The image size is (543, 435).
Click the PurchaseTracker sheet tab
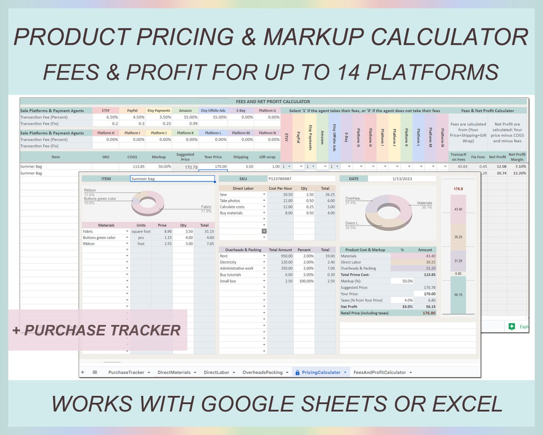pyautogui.click(x=126, y=372)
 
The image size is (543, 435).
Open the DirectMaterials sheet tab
pyautogui.click(x=174, y=372)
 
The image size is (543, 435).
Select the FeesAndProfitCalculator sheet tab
pyautogui.click(x=380, y=372)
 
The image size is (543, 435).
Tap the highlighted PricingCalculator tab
pyautogui.click(x=321, y=372)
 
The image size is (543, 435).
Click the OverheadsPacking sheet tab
pyautogui.click(x=262, y=372)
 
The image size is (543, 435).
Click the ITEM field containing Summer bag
pyautogui.click(x=172, y=179)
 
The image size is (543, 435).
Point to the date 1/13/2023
pyautogui.click(x=402, y=179)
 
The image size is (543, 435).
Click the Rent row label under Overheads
pyautogui.click(x=224, y=256)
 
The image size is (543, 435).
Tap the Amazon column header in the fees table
pyautogui.click(x=185, y=110)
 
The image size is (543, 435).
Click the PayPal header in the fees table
pyautogui.click(x=132, y=110)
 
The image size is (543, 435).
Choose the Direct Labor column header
pyautogui.click(x=242, y=188)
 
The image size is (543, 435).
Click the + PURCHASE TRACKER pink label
pyautogui.click(x=97, y=330)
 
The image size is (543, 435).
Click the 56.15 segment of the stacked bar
pyautogui.click(x=458, y=296)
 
